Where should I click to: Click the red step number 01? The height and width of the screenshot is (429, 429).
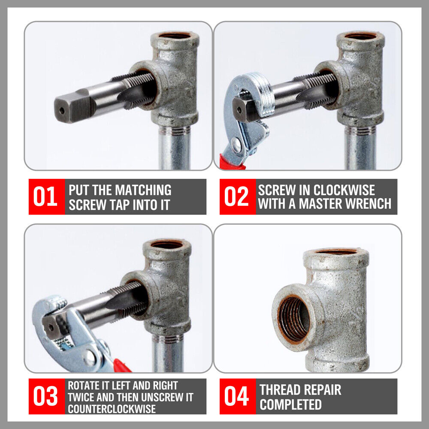(x=45, y=196)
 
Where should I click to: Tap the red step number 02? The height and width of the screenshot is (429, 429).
(x=236, y=196)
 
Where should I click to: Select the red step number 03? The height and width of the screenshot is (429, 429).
(x=45, y=396)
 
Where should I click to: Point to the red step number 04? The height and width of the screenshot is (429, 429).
(x=236, y=396)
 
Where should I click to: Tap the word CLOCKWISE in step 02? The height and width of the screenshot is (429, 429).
(x=344, y=190)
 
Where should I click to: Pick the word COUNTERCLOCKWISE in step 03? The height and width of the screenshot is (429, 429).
(x=112, y=409)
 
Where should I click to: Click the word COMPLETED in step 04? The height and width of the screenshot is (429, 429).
(x=290, y=405)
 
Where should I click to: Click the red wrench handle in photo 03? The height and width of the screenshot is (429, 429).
(x=121, y=366)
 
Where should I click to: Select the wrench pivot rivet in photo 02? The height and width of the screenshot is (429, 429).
(x=236, y=143)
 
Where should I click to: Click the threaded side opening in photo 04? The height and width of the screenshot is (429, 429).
(x=293, y=318)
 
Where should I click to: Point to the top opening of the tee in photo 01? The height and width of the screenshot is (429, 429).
(x=175, y=36)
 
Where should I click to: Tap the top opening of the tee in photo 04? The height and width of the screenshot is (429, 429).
(x=336, y=251)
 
